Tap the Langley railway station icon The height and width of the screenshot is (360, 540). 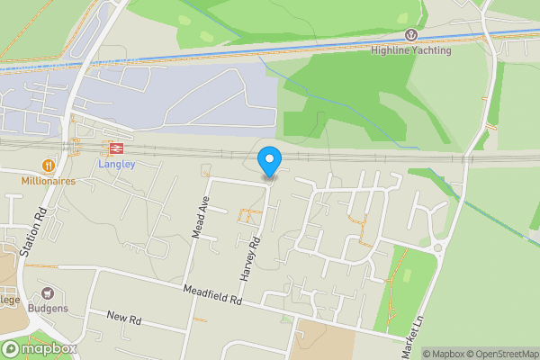coord(115,148)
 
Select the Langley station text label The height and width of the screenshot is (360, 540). coord(115,165)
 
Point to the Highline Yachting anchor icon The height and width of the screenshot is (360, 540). coord(412,35)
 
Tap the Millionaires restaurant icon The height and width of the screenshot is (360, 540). coord(47,165)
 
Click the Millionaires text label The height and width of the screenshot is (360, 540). coord(48,180)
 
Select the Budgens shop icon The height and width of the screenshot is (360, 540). coord(47,293)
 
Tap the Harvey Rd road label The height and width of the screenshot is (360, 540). coord(255,256)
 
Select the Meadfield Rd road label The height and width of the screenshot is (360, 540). coord(212,295)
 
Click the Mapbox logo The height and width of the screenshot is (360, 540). coord(39,348)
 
